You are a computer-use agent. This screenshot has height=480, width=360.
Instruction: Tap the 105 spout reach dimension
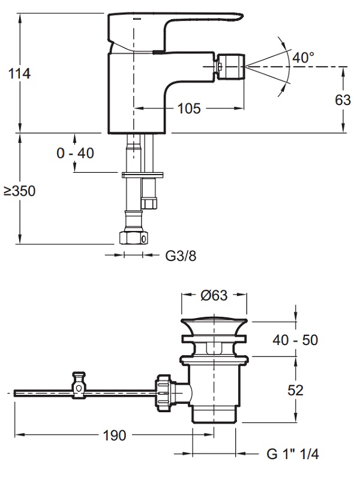pos(189,109)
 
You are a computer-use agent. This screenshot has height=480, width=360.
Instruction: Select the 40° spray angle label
pos(304,58)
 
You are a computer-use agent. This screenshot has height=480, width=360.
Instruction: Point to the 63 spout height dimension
pos(343,100)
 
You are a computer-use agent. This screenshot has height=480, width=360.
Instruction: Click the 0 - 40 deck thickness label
pos(76,154)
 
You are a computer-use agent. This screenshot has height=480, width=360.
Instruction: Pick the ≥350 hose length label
pos(20,191)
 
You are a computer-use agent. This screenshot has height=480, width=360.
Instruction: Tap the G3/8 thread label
pos(181,256)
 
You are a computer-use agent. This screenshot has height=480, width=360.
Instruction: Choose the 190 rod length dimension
pos(114,436)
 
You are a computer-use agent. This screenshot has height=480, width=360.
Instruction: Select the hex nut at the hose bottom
pos(133,237)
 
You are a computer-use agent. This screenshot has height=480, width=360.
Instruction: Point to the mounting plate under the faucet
pos(142,175)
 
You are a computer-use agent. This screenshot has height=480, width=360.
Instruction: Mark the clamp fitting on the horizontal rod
pos(79,386)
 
